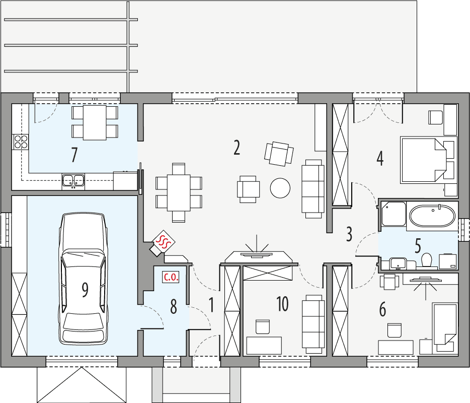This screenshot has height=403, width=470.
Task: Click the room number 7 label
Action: tap(74, 155)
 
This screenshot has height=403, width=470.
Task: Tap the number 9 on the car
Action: tap(85, 289)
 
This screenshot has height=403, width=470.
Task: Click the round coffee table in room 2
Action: tap(280, 188)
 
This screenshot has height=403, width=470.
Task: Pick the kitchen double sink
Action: tap(73, 179)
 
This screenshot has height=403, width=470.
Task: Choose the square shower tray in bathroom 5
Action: tap(393, 214)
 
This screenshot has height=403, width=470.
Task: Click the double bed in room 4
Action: tap(427, 160)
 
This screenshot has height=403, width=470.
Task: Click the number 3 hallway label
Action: tap(349, 234)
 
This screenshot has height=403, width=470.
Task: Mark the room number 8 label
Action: tap(174, 307)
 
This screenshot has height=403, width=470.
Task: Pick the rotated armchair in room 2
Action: tap(279, 153)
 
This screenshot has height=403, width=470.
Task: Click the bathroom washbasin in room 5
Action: tap(398, 262)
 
